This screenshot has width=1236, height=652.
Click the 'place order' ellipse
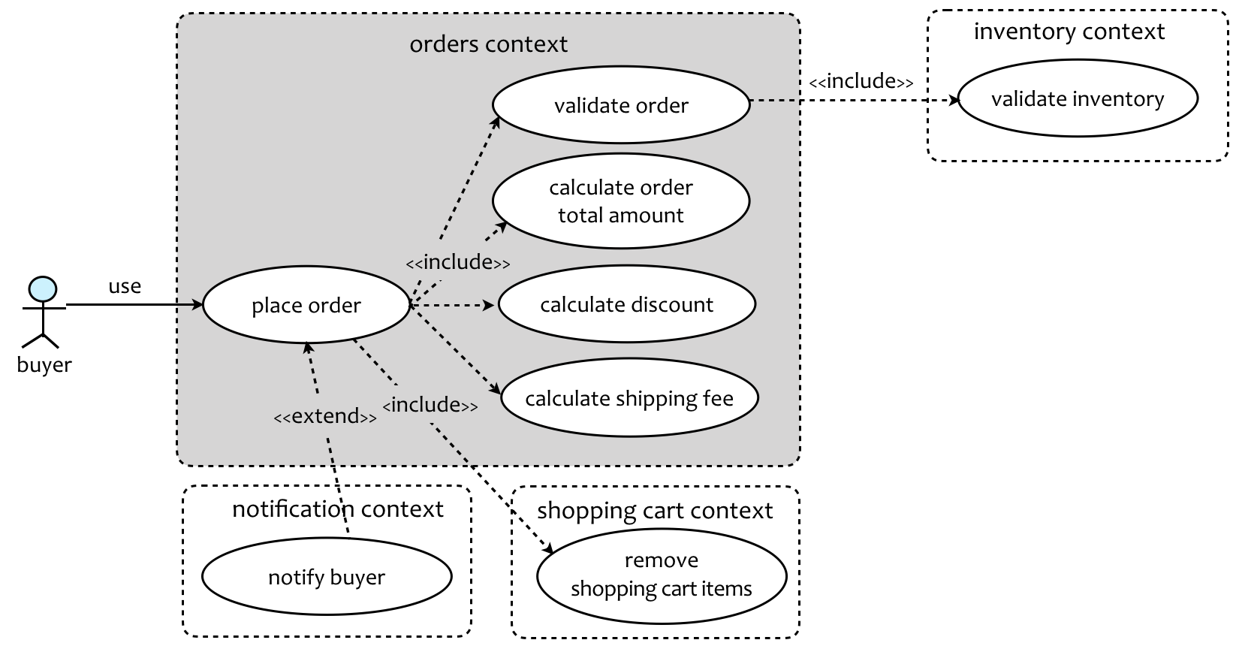(306, 305)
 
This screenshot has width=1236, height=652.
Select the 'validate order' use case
(621, 105)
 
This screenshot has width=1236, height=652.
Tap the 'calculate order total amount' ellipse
(621, 201)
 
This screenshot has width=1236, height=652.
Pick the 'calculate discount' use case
(627, 304)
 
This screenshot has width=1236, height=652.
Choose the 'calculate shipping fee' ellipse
(629, 398)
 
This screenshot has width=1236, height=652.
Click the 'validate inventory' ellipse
(1078, 99)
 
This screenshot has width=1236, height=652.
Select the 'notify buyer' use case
(327, 577)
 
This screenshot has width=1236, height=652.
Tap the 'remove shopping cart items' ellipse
(662, 575)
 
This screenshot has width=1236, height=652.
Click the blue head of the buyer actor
(42, 288)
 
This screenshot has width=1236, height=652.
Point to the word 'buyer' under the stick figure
(44, 365)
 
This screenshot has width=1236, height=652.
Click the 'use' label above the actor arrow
(125, 286)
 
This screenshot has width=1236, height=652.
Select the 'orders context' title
(488, 44)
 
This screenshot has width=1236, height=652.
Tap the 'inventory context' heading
(1069, 32)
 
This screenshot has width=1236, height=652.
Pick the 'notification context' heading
(338, 509)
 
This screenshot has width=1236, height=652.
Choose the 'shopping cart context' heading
(655, 511)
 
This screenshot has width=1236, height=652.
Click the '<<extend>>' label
(325, 416)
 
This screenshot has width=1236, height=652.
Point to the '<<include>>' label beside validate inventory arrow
(861, 81)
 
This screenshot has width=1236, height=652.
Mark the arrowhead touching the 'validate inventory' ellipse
(955, 100)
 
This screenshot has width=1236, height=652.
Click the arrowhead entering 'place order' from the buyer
(198, 305)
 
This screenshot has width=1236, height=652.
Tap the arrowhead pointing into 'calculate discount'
(490, 305)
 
